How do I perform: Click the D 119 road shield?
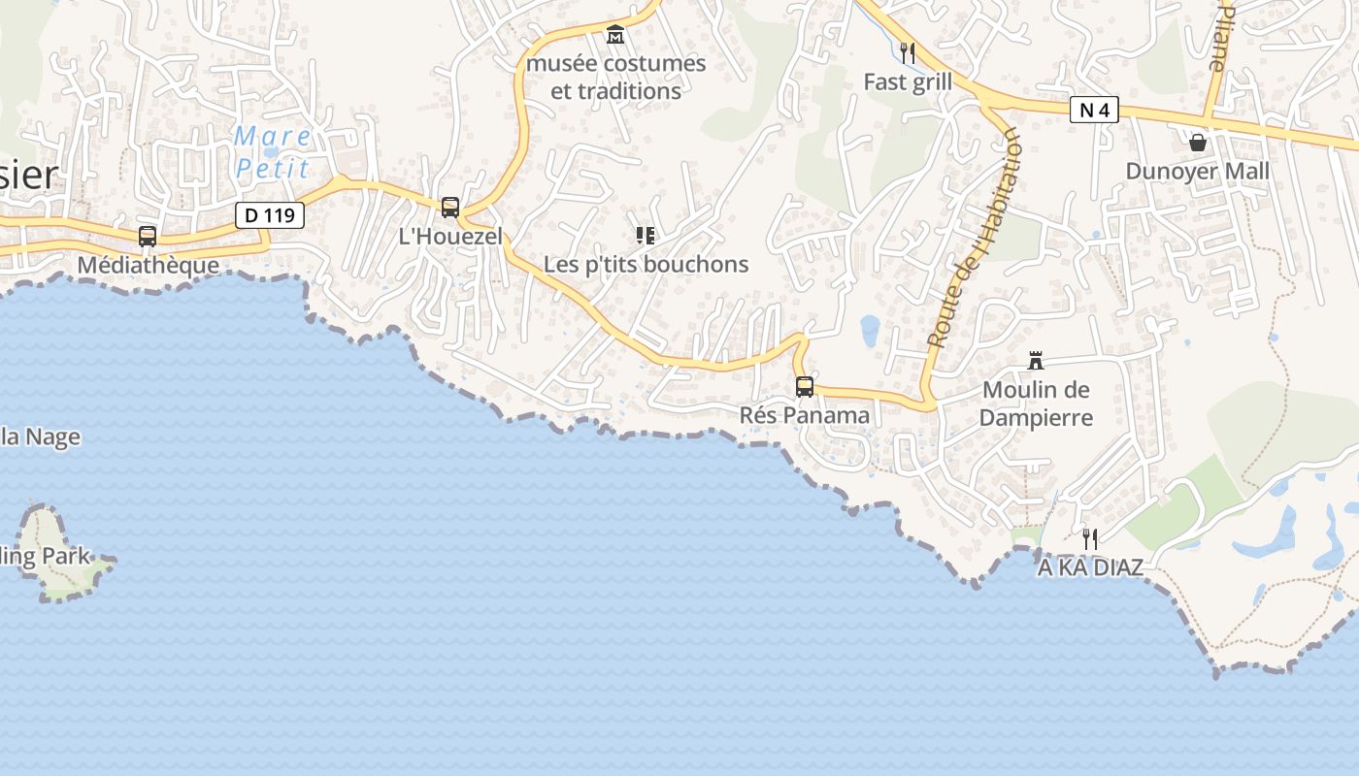270,215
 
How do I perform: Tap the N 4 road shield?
1094,111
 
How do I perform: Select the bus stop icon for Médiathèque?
148,236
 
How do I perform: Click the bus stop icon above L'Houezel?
450,207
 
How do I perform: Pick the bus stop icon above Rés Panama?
805,386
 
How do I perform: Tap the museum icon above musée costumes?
615,35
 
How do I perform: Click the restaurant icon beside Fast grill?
908,52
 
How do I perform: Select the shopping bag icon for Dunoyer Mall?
1198,143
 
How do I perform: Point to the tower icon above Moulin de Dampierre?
1036,362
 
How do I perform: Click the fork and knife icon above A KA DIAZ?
1090,538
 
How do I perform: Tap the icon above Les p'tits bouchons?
646,235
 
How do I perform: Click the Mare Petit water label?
273,152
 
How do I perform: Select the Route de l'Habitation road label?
973,239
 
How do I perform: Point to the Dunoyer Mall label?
1197,172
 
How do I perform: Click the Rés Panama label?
805,415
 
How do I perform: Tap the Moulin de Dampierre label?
1036,404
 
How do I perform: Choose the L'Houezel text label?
451,236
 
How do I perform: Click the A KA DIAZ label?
1090,567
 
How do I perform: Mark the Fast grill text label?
908,82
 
